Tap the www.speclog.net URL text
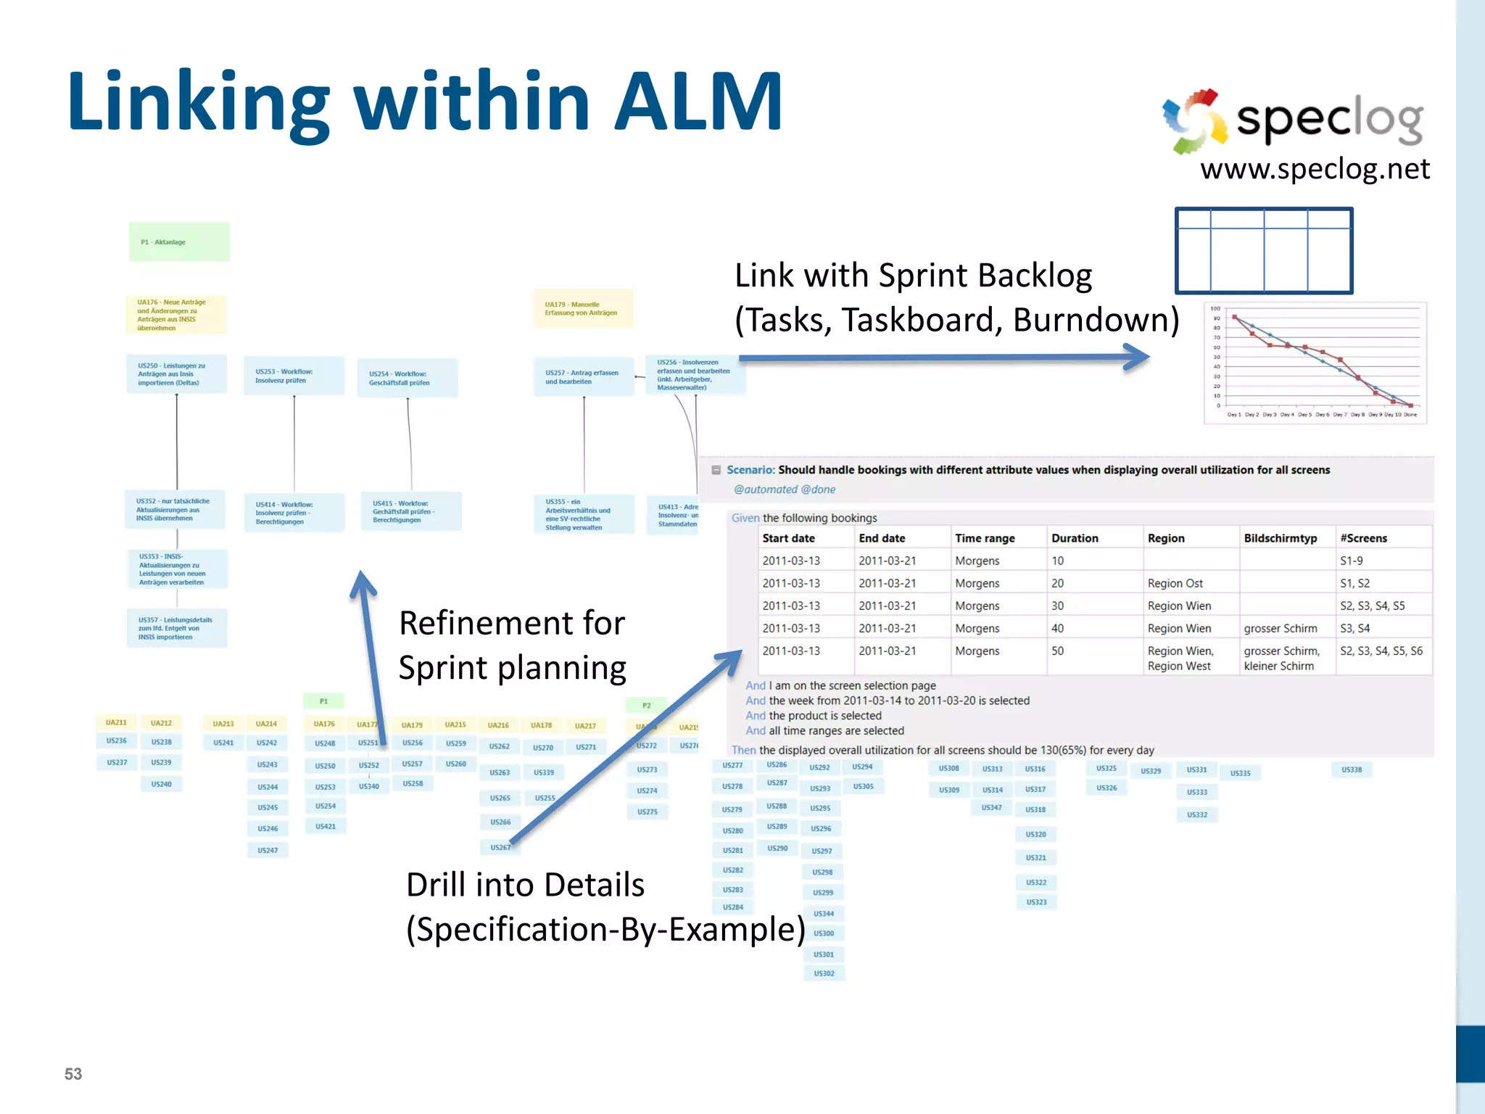[x=1315, y=169]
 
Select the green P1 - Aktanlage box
[x=179, y=242]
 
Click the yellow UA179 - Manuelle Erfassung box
[x=583, y=309]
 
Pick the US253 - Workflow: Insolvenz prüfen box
[x=293, y=376]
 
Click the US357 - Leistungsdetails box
[x=176, y=628]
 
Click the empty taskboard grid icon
[x=1263, y=251]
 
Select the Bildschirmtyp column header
[x=1280, y=538]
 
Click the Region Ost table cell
[x=1175, y=583]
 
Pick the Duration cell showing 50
[x=1058, y=651]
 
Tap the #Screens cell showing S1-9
[x=1351, y=561]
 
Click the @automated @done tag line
[x=785, y=490]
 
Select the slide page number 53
[x=73, y=1074]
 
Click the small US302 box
[x=824, y=973]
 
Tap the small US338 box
[x=1351, y=770]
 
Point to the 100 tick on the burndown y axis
[x=1215, y=309]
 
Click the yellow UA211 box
[x=116, y=722]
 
